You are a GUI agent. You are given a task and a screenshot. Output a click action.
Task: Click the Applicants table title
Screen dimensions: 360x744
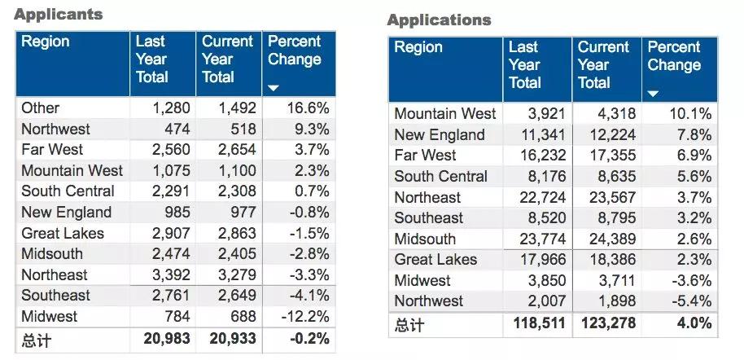coord(59,15)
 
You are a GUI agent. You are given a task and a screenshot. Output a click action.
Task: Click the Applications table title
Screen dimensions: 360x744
coord(439,20)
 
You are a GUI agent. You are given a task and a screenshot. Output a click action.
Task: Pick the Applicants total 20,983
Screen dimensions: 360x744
coord(163,338)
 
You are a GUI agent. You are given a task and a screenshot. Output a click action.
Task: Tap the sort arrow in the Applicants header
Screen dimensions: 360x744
coord(274,87)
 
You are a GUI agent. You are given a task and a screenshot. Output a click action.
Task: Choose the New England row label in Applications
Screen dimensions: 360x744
coord(439,135)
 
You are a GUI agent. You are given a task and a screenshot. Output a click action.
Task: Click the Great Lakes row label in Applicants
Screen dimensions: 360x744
coord(62,233)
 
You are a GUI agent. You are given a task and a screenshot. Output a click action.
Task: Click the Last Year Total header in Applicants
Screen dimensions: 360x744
coord(152,59)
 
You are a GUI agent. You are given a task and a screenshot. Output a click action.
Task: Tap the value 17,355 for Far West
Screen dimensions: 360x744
coord(606,156)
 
